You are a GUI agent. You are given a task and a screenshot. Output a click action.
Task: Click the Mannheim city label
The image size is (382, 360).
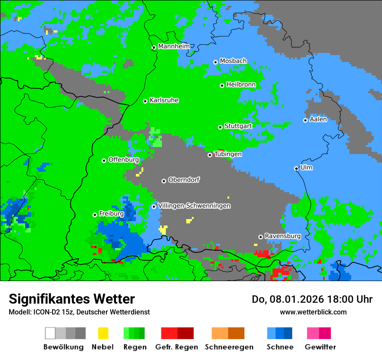(174, 46)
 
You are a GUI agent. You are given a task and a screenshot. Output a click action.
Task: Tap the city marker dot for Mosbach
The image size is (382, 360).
(215, 62)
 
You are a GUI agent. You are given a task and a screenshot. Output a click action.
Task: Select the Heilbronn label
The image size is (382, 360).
(241, 85)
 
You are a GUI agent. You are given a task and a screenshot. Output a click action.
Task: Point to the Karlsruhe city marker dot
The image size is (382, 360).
(145, 101)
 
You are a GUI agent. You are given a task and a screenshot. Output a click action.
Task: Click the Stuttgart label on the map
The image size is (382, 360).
(238, 126)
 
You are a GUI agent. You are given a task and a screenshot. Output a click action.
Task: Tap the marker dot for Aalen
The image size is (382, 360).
(305, 120)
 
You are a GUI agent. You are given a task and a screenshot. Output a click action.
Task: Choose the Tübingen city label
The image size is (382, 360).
(228, 154)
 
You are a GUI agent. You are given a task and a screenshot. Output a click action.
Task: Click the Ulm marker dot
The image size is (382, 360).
(296, 168)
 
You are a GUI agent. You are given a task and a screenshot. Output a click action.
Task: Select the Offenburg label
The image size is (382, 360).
(123, 160)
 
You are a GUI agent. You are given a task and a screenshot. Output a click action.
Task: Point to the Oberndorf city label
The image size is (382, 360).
(184, 180)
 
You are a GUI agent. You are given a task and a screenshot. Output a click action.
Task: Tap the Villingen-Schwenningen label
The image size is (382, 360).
(194, 206)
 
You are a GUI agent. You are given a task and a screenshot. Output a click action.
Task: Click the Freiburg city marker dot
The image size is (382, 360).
(95, 215)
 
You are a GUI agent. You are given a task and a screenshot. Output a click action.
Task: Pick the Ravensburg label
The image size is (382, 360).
(283, 236)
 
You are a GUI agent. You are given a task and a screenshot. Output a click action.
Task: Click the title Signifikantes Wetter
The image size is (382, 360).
(72, 299)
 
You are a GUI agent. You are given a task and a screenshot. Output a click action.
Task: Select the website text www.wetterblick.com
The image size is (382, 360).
(313, 312)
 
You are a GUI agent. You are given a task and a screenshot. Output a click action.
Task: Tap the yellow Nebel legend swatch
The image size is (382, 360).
(103, 333)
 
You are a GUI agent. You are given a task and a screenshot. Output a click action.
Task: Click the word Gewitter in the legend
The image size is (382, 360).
(320, 347)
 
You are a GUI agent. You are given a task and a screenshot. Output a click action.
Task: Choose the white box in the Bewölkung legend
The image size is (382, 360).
(50, 333)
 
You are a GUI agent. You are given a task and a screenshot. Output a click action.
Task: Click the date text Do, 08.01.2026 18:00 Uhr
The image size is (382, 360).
(312, 299)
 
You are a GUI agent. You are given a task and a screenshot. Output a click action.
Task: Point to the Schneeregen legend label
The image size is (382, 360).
(229, 347)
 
